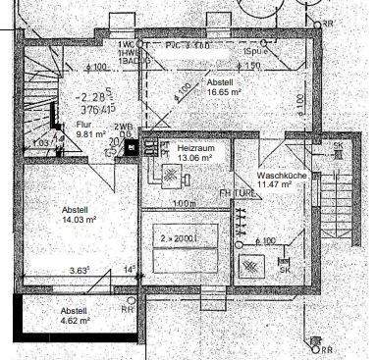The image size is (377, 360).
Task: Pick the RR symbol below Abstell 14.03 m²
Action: pyautogui.click(x=126, y=306)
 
